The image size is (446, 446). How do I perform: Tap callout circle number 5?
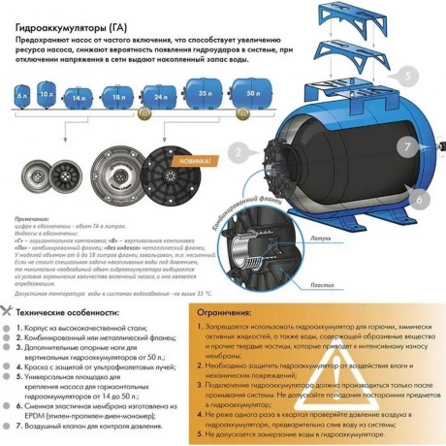coord(409,76)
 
